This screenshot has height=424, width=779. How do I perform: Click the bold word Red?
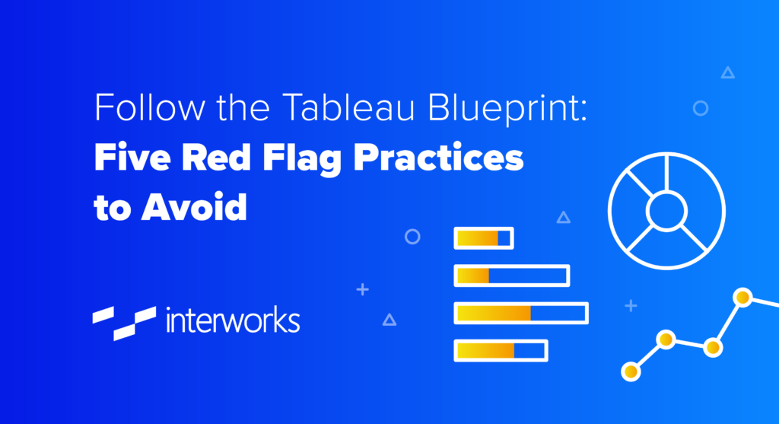tap(211, 161)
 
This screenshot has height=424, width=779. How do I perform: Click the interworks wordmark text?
tap(232, 320)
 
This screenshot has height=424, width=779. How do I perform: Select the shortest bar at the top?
tap(483, 238)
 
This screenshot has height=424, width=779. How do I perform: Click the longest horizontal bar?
tap(520, 313)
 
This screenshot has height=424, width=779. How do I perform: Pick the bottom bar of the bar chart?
tap(501, 350)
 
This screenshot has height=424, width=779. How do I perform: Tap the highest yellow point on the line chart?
tap(742, 296)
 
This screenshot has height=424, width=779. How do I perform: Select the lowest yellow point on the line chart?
tap(631, 371)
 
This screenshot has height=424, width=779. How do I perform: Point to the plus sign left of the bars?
tap(363, 289)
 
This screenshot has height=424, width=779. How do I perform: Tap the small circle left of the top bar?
tap(412, 236)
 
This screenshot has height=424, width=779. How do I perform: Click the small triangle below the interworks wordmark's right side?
tap(389, 320)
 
